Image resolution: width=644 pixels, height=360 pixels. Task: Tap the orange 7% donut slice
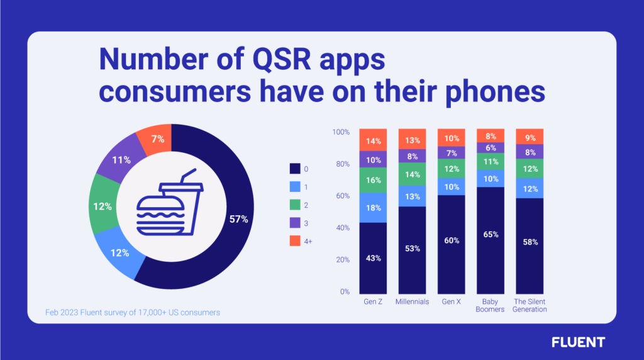[157, 139]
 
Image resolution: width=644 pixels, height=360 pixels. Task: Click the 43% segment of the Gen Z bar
[373, 257]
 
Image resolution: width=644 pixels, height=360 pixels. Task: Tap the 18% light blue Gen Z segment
[373, 208]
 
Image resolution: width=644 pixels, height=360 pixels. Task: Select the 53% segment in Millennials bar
[413, 249]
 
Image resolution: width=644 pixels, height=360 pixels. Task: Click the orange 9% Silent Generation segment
[530, 137]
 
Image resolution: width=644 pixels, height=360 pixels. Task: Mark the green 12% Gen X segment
[452, 169]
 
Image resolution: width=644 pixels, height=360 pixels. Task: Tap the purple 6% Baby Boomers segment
[491, 147]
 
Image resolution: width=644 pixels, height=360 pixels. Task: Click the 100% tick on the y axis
[340, 132]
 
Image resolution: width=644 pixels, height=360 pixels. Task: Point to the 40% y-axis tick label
[341, 228]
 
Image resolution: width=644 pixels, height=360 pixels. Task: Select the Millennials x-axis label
[413, 301]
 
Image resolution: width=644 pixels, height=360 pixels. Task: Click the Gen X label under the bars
[452, 301]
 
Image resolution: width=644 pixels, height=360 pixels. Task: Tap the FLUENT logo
[577, 342]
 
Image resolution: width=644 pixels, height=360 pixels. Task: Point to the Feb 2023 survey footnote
[133, 312]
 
